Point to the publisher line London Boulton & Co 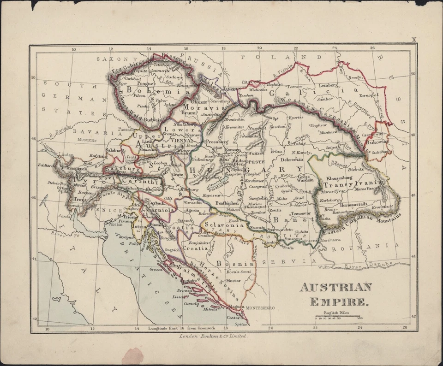coord(214,337)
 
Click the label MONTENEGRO coord(260,307)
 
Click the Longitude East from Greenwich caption coord(186,329)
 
